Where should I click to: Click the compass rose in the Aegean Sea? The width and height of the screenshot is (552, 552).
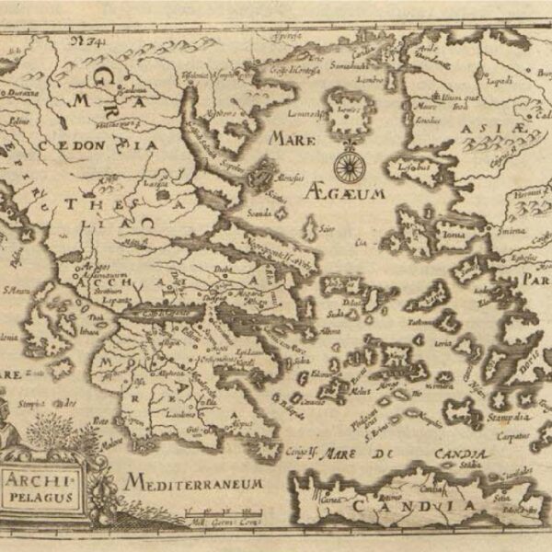[x=349, y=166]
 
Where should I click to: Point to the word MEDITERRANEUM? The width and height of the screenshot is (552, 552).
[x=196, y=483]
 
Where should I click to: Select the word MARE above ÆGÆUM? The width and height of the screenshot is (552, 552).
[x=293, y=138]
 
